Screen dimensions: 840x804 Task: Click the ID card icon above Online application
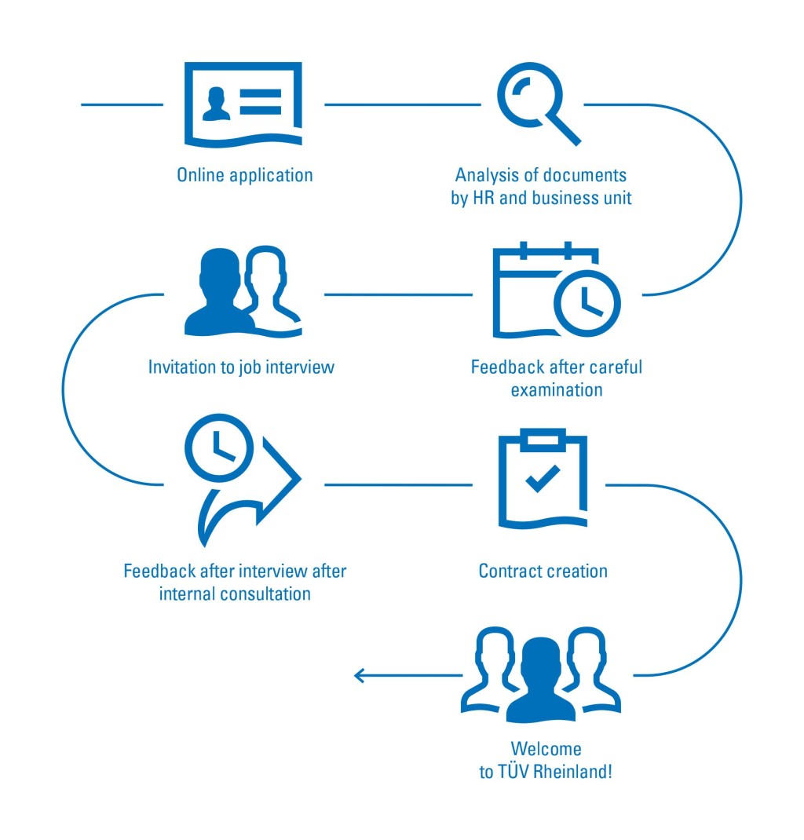(243, 104)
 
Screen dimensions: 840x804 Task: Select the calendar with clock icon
(556, 292)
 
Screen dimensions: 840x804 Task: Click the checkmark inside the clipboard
(543, 478)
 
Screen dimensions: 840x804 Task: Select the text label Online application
(245, 174)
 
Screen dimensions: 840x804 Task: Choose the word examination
(556, 390)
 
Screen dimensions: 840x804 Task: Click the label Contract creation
(543, 571)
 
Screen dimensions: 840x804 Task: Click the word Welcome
(546, 748)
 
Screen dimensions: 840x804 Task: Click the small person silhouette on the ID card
(217, 104)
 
